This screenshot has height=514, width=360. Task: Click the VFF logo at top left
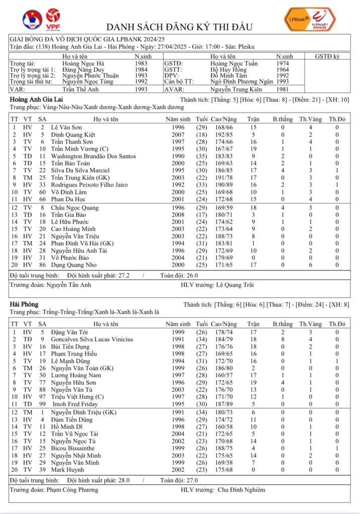click(x=32, y=19)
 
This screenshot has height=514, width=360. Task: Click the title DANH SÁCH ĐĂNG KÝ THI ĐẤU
click(x=180, y=27)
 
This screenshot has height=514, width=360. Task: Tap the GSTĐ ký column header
click(x=328, y=57)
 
